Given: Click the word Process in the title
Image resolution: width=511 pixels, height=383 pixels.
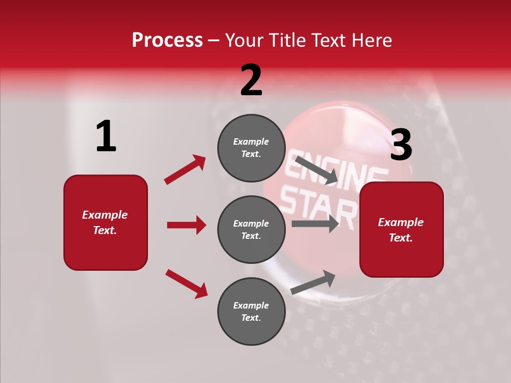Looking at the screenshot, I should pos(167,40).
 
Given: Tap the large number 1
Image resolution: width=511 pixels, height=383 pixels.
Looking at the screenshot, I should pos(106,137).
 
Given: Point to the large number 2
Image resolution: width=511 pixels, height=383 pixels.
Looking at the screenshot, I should pos(251,80).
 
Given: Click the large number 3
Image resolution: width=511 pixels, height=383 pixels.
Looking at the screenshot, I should pos(401,145).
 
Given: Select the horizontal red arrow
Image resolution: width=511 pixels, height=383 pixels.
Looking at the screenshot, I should pos(186,225).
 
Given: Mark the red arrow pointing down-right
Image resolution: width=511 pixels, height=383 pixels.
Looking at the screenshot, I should pos(187,284).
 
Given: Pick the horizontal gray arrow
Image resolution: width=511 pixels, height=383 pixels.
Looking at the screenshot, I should pos(315,223).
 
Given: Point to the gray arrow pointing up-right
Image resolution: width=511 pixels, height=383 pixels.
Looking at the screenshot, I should pos(313,282).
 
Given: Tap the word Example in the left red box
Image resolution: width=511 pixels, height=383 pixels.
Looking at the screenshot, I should pos(105,215).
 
